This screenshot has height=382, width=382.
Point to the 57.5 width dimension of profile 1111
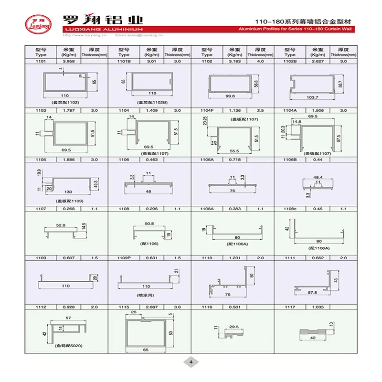click(312, 292)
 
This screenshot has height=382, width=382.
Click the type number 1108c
click(290, 208)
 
